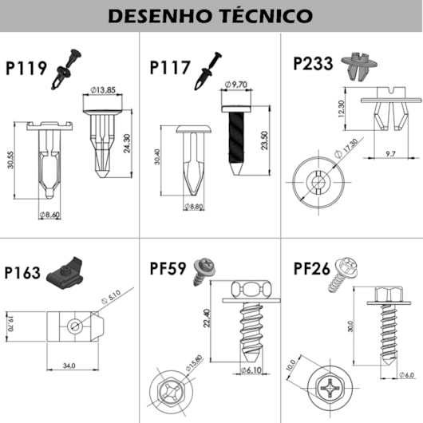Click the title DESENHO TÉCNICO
point(211,15)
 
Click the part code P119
point(26,69)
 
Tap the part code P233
point(314,64)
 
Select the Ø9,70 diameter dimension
point(237,84)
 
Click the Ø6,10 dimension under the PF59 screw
point(251,371)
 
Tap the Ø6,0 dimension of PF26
point(407,375)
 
